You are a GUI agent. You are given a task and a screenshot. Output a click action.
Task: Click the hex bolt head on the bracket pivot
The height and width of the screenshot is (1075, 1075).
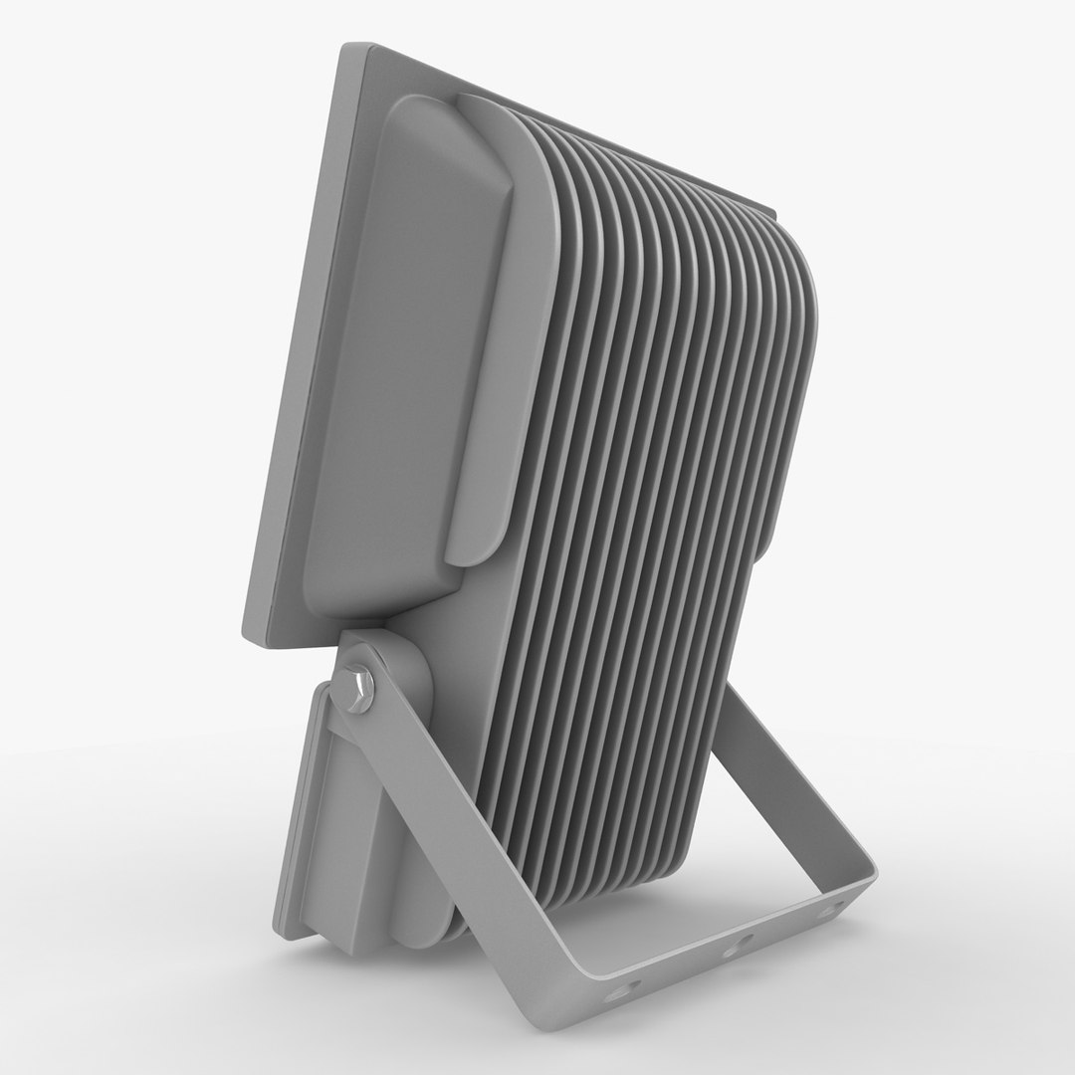coord(354,688)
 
